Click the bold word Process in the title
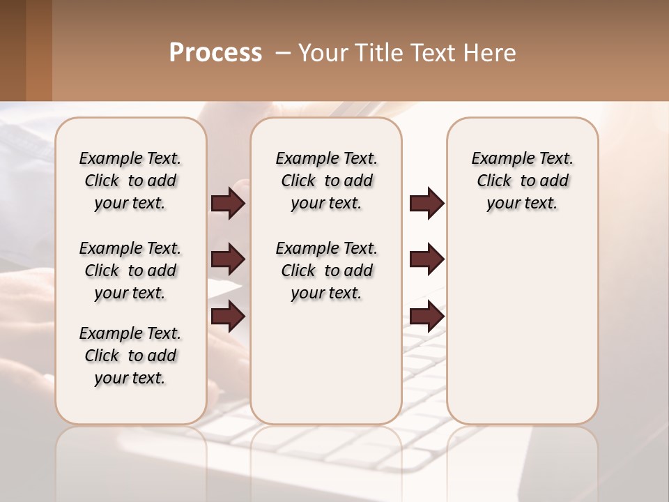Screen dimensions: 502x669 point(215,53)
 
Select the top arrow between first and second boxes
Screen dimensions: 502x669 point(227,203)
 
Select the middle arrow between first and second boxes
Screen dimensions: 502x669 point(227,259)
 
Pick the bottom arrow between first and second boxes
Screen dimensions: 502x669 point(227,317)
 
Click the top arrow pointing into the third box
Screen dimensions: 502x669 point(426,203)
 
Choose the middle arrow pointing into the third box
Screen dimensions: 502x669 point(426,259)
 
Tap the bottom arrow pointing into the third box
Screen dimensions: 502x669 point(426,317)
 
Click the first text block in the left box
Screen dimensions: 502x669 point(130,181)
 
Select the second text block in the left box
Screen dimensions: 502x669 point(130,271)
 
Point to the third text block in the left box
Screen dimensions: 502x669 point(130,356)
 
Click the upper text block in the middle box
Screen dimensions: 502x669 point(326,181)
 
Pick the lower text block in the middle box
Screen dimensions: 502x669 point(326,271)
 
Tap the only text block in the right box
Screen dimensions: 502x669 point(522,181)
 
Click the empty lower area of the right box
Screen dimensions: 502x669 point(522,335)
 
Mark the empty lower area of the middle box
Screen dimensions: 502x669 point(326,363)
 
